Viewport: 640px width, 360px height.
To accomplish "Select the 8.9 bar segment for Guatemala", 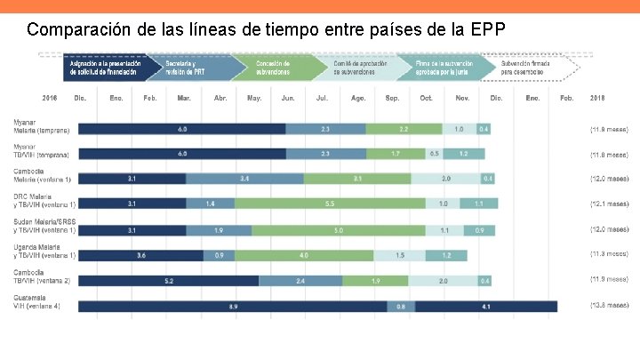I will pyautogui.click(x=232, y=307).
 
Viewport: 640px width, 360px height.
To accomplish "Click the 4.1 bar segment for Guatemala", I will pyautogui.click(x=485, y=307).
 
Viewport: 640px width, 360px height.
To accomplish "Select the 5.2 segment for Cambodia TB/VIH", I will pyautogui.click(x=168, y=281).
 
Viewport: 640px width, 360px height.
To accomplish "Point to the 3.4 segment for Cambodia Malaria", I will pyautogui.click(x=244, y=179).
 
